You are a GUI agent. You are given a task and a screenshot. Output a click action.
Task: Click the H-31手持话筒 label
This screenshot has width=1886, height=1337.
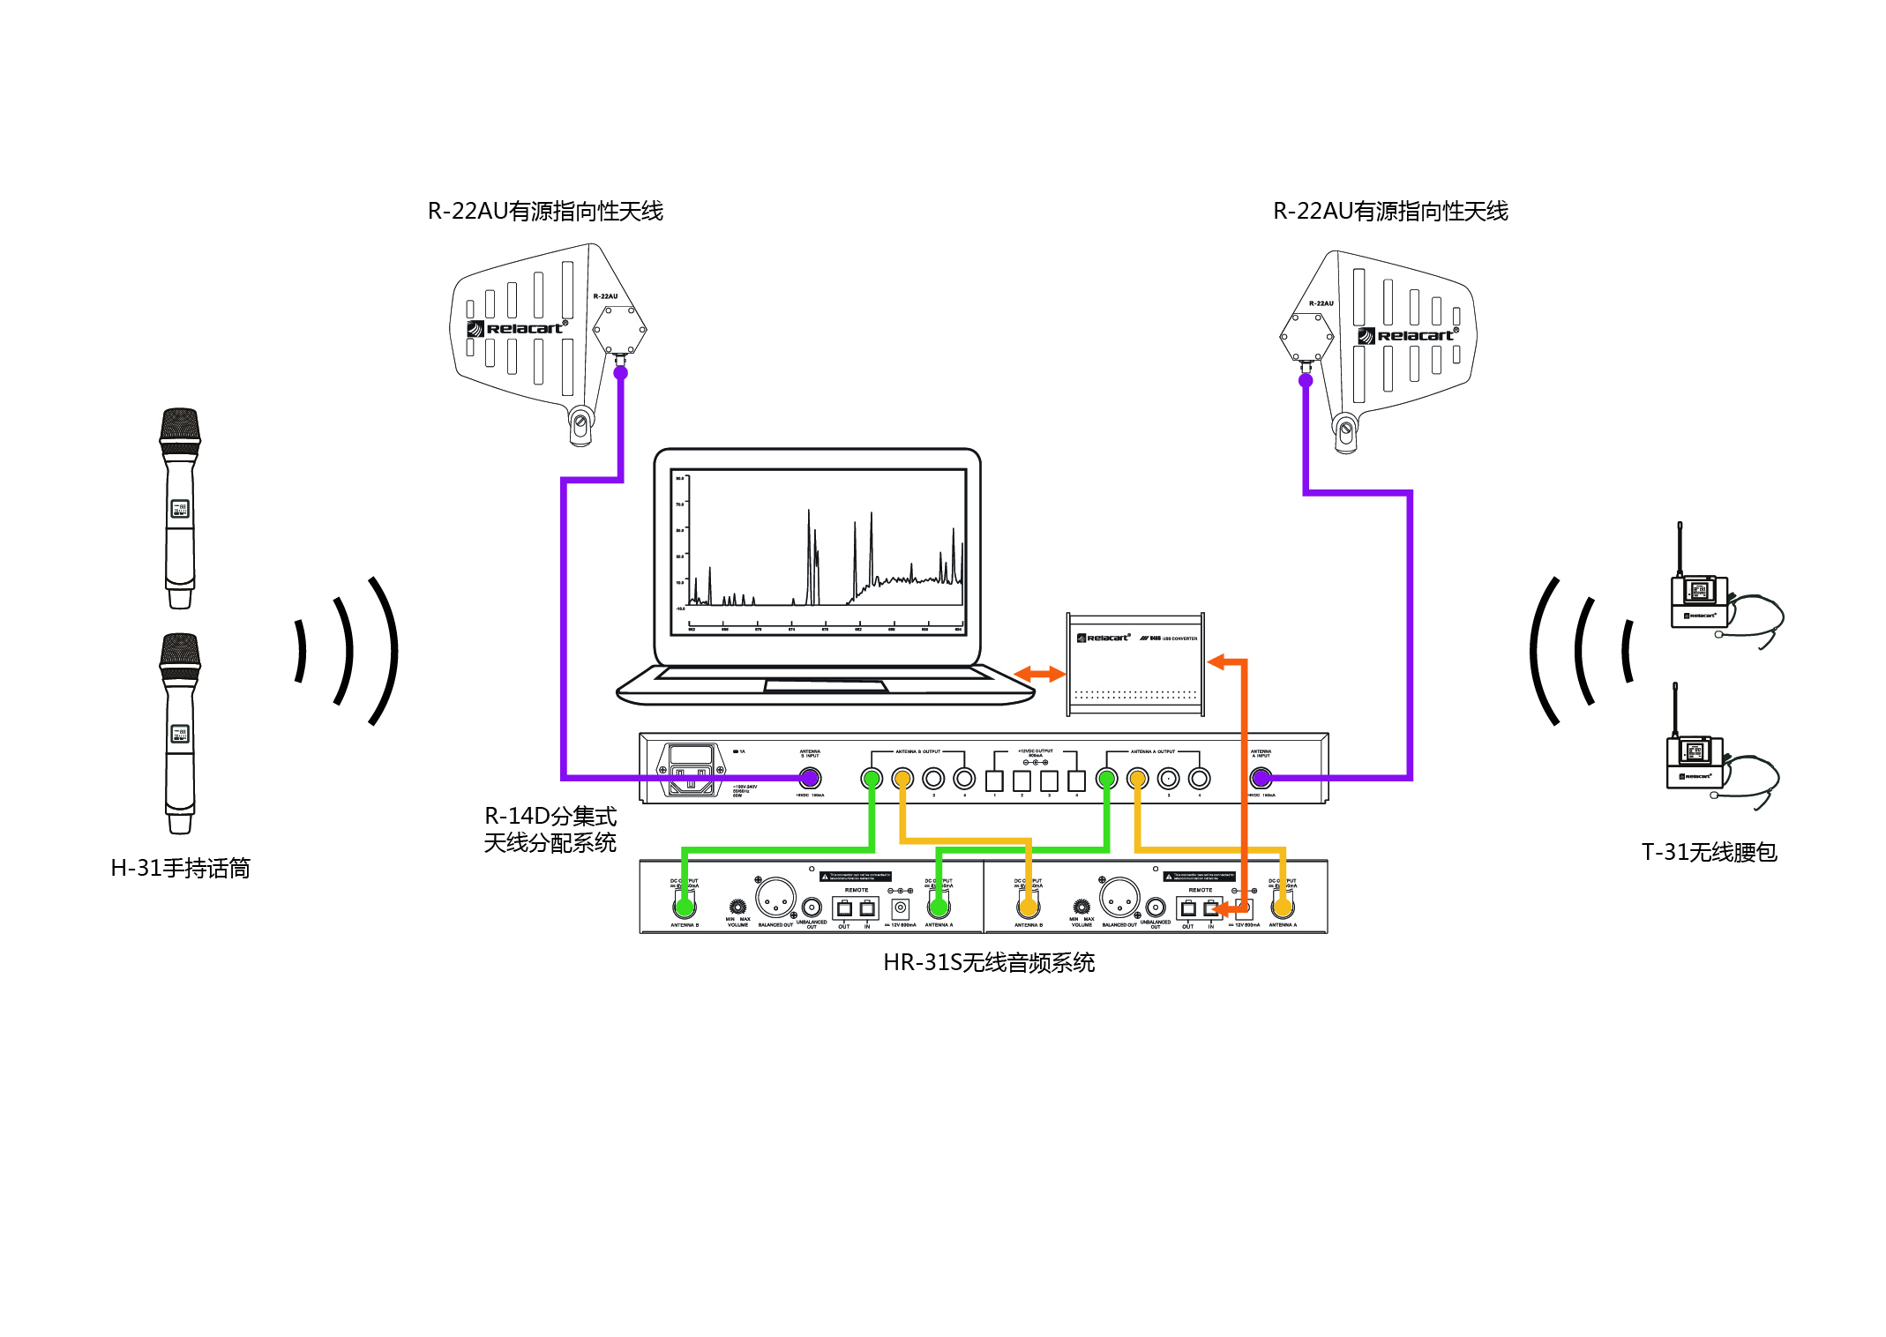(x=180, y=869)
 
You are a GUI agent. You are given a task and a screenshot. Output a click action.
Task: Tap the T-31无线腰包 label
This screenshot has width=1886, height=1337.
(x=1709, y=852)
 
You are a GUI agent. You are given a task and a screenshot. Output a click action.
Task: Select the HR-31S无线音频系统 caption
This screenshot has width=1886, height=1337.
(x=988, y=962)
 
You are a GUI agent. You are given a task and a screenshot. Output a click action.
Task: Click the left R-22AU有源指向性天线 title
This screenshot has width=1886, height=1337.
(x=545, y=212)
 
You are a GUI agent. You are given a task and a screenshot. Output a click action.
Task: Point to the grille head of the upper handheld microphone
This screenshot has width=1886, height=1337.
(x=180, y=428)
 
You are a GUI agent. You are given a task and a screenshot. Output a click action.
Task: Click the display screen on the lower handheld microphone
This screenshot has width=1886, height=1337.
(x=180, y=734)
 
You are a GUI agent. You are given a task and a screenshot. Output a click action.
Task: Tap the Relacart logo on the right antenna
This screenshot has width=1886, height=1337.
(x=1409, y=336)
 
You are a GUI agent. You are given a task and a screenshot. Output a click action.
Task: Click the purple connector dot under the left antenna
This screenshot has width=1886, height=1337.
(x=621, y=373)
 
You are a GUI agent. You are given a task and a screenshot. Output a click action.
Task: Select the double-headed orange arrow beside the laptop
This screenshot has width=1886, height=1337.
(x=1039, y=675)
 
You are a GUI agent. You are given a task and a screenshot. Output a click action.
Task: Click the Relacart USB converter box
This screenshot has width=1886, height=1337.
(x=1134, y=663)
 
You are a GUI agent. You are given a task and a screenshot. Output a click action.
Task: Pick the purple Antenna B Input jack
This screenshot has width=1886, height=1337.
(x=810, y=778)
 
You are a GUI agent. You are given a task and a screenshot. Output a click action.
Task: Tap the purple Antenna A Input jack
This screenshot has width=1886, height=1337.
(x=1261, y=778)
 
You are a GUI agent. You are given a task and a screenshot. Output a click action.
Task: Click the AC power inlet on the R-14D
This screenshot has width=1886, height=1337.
(x=692, y=770)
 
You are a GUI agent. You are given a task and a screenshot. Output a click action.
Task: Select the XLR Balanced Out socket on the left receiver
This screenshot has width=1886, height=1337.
(x=775, y=898)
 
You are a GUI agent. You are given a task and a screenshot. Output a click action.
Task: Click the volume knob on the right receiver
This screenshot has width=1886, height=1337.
(x=1081, y=907)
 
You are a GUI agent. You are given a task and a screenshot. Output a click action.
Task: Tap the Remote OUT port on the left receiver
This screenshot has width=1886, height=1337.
(x=844, y=908)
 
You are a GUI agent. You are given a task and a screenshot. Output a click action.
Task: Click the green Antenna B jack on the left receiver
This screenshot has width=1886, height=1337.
(x=685, y=905)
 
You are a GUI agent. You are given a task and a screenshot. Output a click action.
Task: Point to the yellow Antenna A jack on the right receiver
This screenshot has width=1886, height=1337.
(x=1283, y=905)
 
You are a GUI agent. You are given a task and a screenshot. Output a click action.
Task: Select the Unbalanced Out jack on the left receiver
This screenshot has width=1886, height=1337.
(x=812, y=908)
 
